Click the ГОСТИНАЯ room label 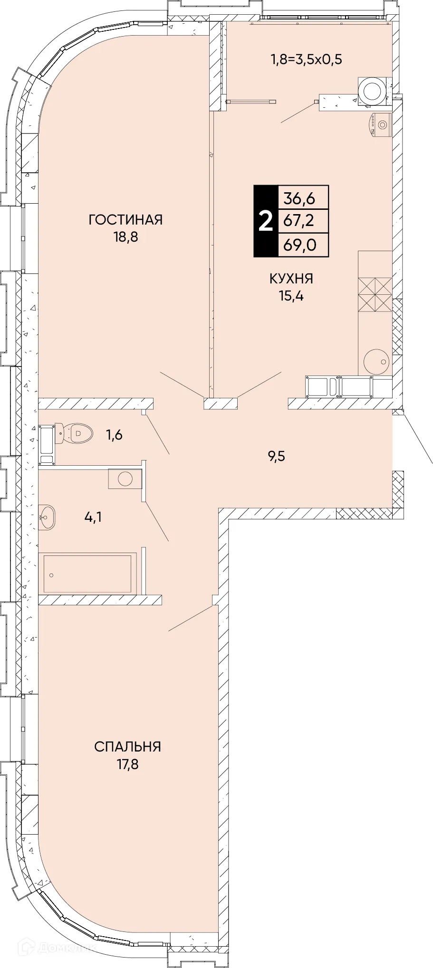pos(126,220)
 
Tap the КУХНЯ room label pos(291,279)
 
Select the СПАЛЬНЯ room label pos(127,747)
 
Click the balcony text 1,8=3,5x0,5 pos(307,59)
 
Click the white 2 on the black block pos(266,221)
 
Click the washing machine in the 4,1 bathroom pos(125,479)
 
